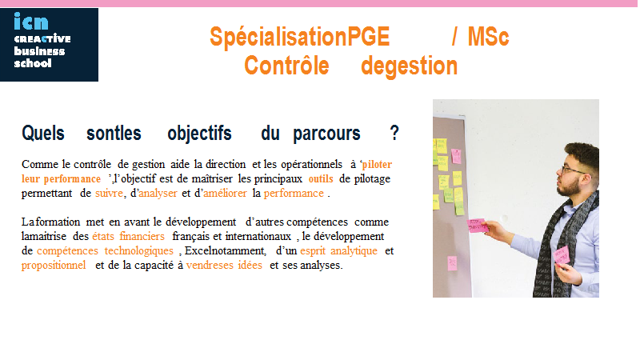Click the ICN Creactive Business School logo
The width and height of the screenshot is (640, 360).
click(49, 45)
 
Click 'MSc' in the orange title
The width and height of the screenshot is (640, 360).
click(488, 37)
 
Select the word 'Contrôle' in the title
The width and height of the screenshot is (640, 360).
click(286, 66)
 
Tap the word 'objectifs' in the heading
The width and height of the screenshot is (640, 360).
click(199, 134)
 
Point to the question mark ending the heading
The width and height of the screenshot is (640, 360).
click(394, 133)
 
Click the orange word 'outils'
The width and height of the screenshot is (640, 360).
click(321, 178)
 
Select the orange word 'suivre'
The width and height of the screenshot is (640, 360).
click(109, 193)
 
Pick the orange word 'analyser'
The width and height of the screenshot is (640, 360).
click(158, 194)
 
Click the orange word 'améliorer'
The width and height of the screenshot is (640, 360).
click(225, 193)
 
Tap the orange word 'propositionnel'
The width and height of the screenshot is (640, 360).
click(54, 266)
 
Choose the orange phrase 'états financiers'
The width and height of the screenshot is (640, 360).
click(128, 236)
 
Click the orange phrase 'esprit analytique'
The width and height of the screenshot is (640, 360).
click(338, 251)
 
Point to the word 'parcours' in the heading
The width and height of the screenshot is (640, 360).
click(326, 134)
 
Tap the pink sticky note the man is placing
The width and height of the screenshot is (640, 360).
click(477, 226)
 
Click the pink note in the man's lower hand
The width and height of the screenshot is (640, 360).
click(562, 256)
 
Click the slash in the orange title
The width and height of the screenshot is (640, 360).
click(454, 37)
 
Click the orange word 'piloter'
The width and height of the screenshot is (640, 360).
click(377, 165)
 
